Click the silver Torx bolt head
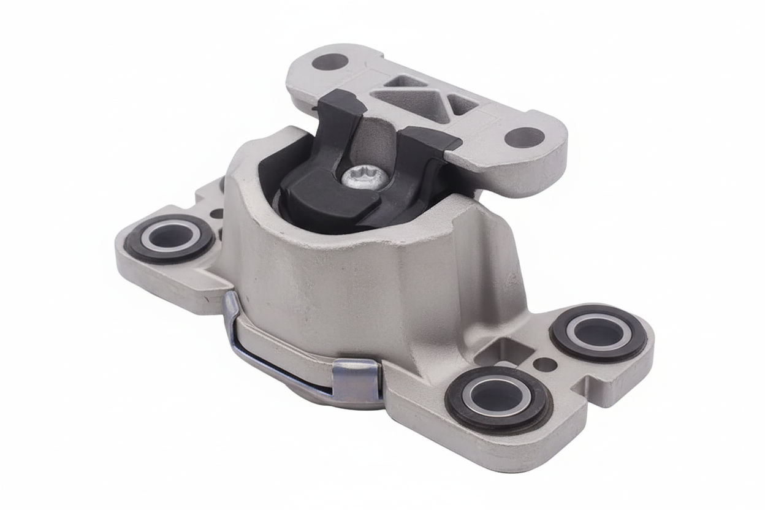tap(364, 177)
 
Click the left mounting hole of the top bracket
tap(330, 62)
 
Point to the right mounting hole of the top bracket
tap(525, 137)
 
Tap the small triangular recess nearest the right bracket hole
tap(461, 105)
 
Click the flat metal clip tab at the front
tap(355, 380)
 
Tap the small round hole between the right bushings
tap(544, 364)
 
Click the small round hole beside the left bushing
tap(216, 214)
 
